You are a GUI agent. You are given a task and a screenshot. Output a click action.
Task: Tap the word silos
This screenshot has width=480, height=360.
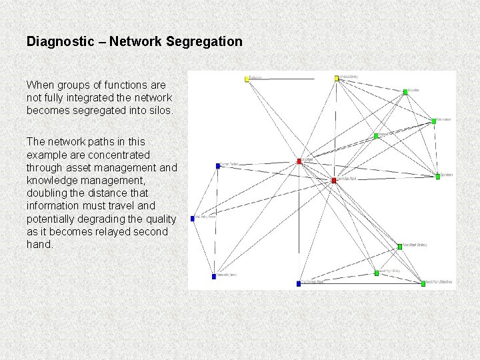(159, 111)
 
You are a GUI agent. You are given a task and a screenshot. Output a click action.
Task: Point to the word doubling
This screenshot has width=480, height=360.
(49, 193)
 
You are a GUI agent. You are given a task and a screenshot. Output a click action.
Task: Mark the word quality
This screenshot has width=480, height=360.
(161, 219)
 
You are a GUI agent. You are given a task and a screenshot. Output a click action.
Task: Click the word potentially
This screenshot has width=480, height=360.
(53, 219)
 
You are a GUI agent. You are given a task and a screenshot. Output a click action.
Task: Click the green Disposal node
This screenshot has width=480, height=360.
(376, 136)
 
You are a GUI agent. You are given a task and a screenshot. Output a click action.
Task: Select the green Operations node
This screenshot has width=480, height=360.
(438, 177)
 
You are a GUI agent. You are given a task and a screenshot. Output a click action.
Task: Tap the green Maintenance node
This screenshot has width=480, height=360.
(434, 121)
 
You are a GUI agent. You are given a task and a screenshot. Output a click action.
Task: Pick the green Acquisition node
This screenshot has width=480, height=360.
(405, 92)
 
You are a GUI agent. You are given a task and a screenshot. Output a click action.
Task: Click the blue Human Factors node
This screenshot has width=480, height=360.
(218, 165)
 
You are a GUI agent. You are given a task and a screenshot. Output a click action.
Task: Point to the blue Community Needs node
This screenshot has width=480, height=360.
(214, 276)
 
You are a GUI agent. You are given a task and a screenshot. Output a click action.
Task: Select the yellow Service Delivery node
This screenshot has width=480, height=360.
(337, 78)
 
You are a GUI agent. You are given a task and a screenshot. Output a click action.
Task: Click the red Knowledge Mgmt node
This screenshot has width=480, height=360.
(334, 181)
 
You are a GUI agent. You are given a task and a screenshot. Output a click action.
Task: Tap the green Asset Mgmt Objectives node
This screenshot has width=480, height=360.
(423, 283)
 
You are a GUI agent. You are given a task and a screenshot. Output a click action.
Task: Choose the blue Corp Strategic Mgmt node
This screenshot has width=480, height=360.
(299, 283)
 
